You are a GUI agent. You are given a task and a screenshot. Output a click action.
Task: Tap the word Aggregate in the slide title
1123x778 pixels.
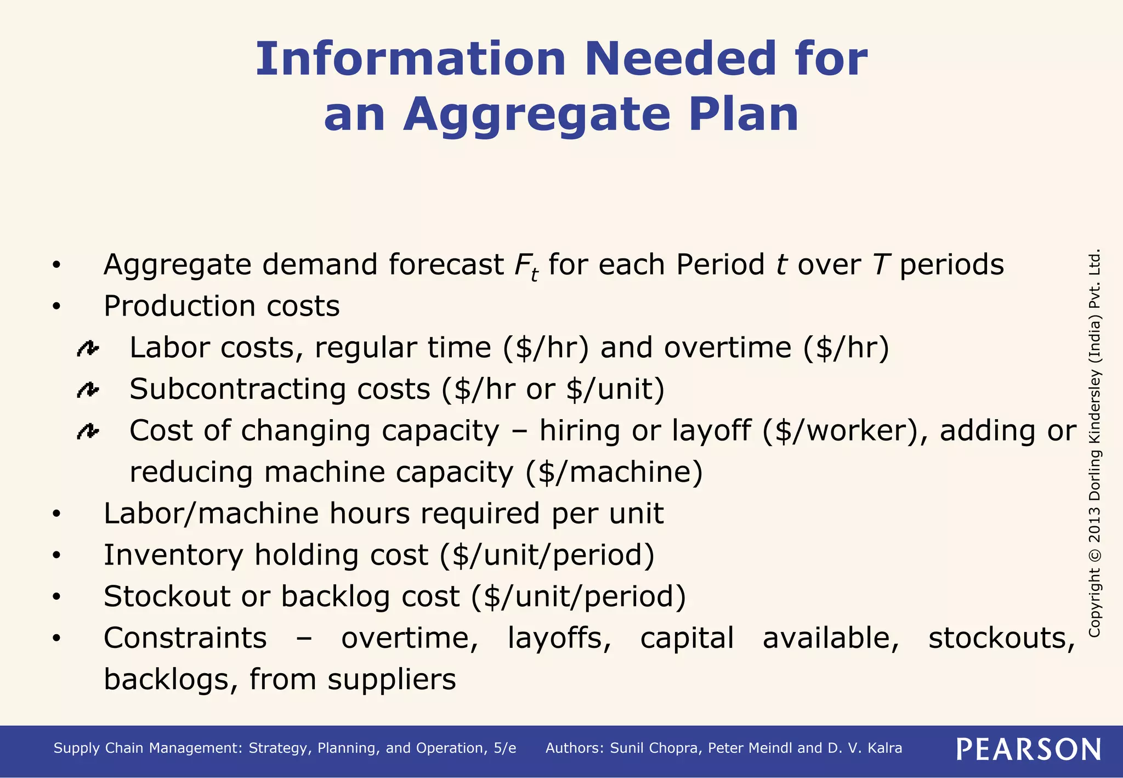(x=537, y=115)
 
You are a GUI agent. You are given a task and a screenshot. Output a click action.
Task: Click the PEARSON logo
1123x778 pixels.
(x=1028, y=749)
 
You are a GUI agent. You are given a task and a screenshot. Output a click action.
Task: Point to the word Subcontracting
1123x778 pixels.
(x=237, y=390)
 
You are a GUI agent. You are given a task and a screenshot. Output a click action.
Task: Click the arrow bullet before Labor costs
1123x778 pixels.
(x=88, y=348)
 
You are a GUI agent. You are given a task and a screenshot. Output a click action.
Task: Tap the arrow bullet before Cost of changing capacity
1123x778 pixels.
(x=88, y=432)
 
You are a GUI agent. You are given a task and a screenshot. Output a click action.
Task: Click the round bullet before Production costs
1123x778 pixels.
(x=56, y=307)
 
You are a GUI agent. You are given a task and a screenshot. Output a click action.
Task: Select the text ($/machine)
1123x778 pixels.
(x=614, y=472)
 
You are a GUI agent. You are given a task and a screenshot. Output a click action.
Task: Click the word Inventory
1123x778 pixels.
(x=173, y=555)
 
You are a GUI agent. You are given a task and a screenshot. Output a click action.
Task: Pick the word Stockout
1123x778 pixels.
(x=167, y=596)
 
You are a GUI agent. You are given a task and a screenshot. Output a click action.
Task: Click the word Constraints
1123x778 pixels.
(x=185, y=638)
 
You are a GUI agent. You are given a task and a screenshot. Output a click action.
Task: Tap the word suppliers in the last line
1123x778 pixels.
(x=392, y=680)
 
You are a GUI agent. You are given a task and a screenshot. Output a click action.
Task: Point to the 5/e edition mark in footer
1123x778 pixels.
(x=504, y=748)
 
